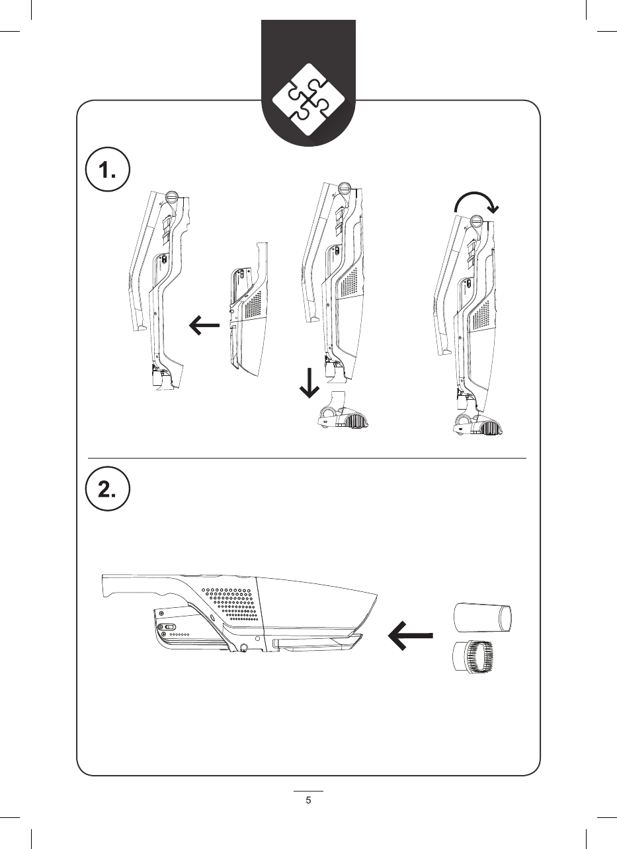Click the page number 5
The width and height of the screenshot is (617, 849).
click(308, 800)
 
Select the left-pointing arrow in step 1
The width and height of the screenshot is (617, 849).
click(204, 324)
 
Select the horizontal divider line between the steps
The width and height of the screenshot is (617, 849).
click(308, 457)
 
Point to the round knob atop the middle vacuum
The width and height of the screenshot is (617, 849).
click(345, 188)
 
